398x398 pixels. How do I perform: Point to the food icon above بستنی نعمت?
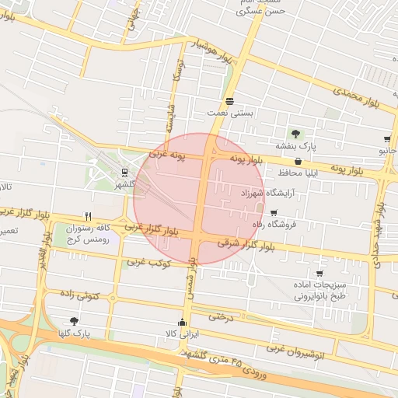click(x=230, y=102)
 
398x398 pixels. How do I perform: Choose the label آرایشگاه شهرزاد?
click(x=243, y=192)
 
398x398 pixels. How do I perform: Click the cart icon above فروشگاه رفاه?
click(x=273, y=212)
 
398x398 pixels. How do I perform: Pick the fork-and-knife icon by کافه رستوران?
click(x=88, y=217)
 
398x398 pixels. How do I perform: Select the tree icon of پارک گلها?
click(x=74, y=320)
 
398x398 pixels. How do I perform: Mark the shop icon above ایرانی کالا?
click(x=183, y=323)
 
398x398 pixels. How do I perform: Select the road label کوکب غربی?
click(x=150, y=262)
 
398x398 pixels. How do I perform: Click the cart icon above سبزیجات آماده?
click(x=319, y=274)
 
